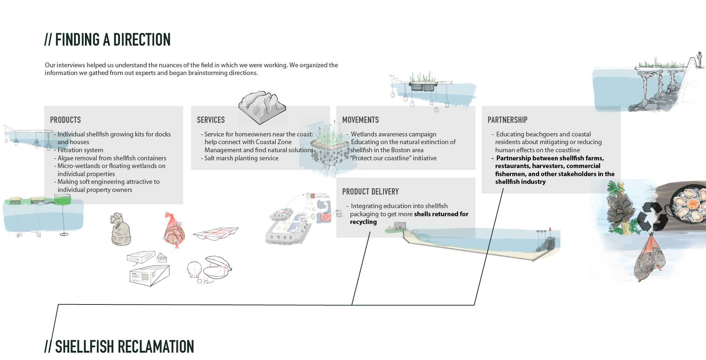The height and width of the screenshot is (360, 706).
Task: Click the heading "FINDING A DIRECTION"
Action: (113, 40)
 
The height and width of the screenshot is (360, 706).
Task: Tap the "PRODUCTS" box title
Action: (65, 120)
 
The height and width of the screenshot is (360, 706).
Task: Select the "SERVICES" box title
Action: (211, 120)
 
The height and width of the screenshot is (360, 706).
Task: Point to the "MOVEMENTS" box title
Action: (360, 120)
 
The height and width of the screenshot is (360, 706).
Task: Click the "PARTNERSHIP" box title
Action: (507, 120)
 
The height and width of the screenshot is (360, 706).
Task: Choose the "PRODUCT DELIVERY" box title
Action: (370, 192)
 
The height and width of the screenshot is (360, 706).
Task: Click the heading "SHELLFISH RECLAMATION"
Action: (124, 347)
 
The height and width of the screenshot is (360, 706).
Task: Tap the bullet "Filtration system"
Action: (80, 150)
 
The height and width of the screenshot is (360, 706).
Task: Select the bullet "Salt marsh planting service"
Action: (241, 158)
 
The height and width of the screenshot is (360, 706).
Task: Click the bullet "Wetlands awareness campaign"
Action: (393, 134)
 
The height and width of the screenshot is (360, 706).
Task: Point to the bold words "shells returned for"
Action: (441, 214)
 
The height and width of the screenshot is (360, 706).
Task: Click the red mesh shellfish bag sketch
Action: (174, 231)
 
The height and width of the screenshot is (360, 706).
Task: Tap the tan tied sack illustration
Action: (120, 229)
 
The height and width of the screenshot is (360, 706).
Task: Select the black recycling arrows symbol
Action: (652, 217)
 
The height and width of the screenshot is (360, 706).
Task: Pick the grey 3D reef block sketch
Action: (262, 106)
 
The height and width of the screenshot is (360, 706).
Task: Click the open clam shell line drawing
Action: (217, 268)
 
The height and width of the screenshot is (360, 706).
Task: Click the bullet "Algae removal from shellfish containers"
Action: (112, 158)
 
